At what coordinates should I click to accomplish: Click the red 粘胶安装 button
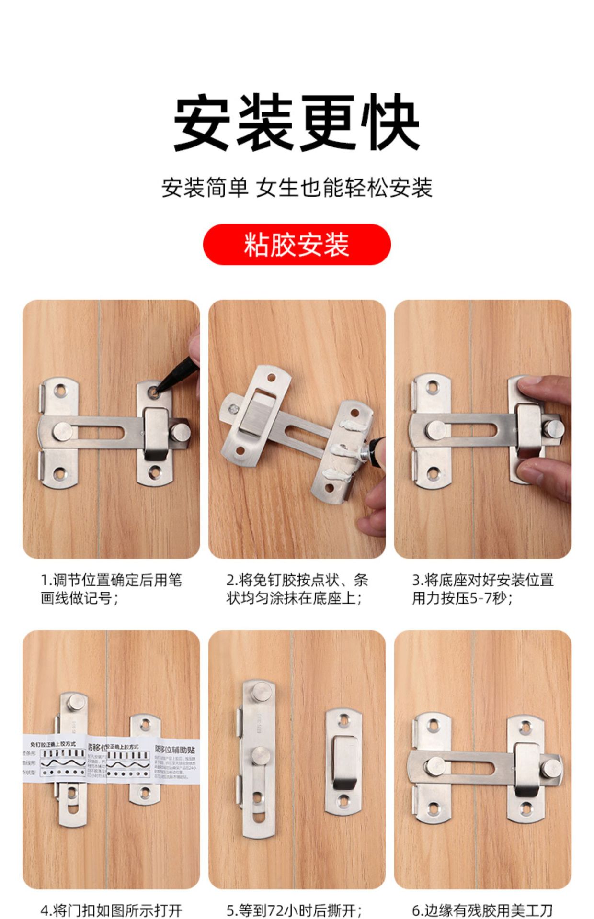coord(297,244)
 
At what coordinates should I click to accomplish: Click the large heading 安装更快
coord(297,122)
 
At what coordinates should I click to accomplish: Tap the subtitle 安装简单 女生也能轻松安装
coord(297,187)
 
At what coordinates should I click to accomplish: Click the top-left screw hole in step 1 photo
coord(60,392)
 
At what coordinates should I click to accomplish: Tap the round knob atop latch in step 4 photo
coord(76,703)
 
